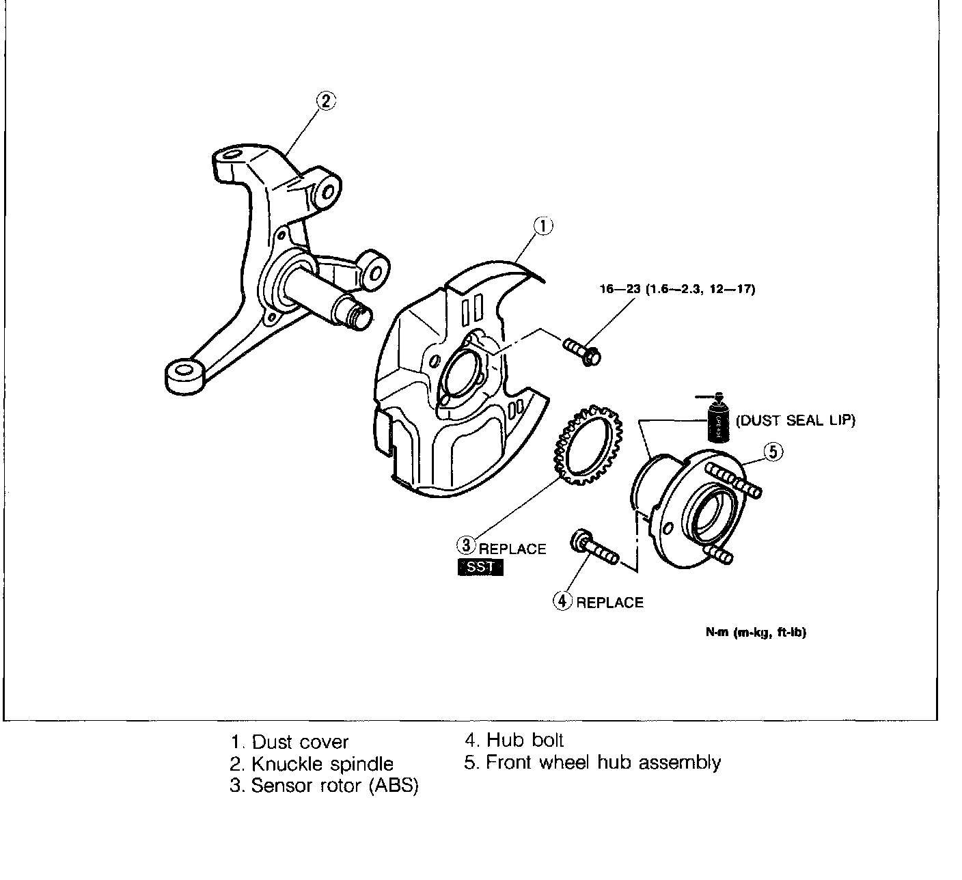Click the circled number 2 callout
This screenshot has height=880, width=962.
(326, 101)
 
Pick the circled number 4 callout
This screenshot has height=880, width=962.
(562, 601)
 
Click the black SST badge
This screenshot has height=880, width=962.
(480, 567)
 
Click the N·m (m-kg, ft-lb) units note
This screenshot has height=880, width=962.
(756, 632)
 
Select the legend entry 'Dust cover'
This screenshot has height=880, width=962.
(290, 742)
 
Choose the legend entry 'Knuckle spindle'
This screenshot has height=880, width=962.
(312, 764)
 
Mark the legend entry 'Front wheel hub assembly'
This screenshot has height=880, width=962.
(592, 762)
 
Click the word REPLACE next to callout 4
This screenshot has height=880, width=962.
(609, 602)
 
